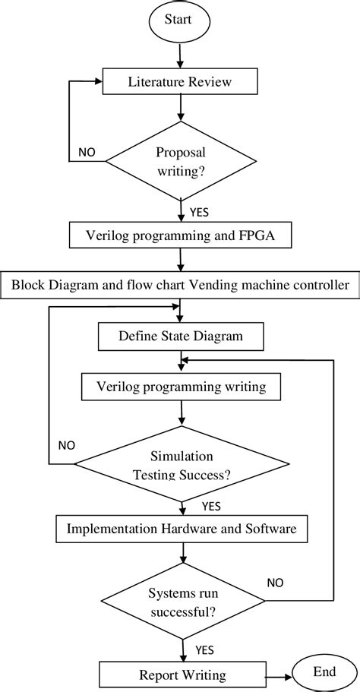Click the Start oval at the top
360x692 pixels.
tap(180, 21)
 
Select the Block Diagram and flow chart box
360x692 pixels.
tap(180, 286)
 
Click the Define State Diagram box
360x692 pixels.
tap(180, 335)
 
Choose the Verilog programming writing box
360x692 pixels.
tap(181, 387)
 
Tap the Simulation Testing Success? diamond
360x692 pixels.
tap(182, 463)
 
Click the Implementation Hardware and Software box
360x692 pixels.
tap(181, 527)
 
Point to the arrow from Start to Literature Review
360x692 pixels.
tap(180, 55)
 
